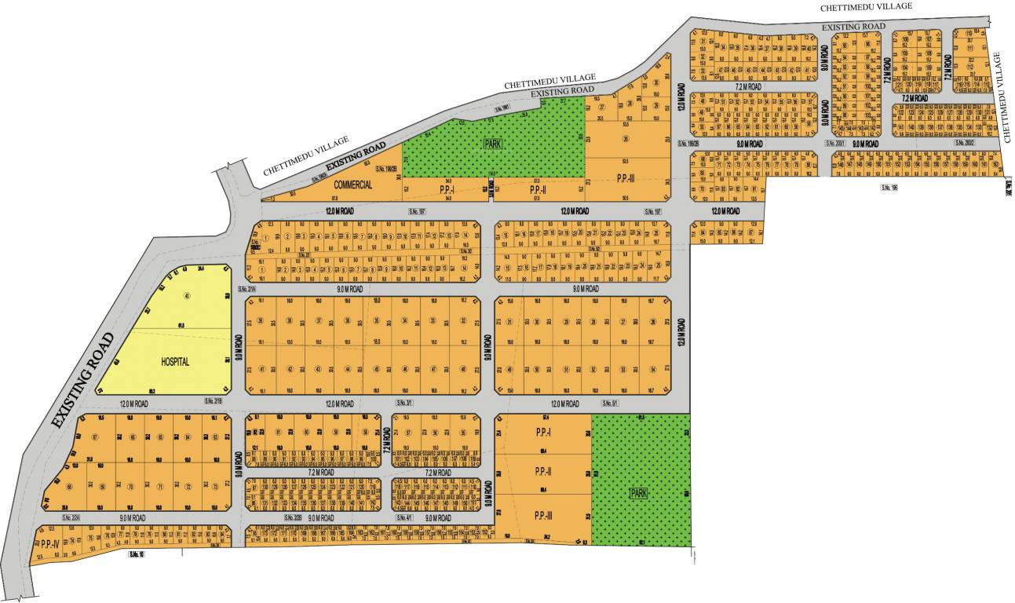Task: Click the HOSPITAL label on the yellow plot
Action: (176, 362)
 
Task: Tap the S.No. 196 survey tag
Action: (889, 188)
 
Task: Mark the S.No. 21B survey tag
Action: (214, 401)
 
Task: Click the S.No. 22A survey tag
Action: (71, 517)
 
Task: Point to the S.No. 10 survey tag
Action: (138, 555)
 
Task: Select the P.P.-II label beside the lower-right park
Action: (542, 472)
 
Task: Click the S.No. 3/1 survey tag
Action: (406, 403)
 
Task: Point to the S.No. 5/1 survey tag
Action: (608, 403)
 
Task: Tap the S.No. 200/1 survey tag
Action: (834, 143)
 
